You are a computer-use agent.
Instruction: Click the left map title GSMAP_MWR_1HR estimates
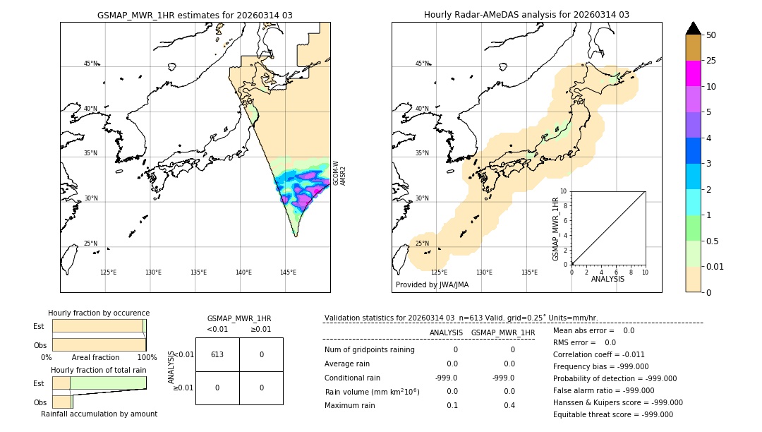tap(195, 15)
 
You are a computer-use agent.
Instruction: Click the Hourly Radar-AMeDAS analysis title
tap(526, 15)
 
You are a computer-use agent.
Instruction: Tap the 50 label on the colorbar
tap(711, 35)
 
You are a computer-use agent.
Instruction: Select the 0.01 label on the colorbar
tap(715, 266)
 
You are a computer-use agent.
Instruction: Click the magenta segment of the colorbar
tap(694, 73)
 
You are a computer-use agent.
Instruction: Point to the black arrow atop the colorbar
tap(694, 28)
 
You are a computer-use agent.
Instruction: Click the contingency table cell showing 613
tap(217, 354)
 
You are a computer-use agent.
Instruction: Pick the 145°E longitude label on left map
tap(288, 272)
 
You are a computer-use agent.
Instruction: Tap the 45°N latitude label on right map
tap(422, 64)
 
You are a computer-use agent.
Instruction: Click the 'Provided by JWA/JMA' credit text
tap(432, 284)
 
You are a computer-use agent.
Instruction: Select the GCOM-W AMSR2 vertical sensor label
tap(339, 172)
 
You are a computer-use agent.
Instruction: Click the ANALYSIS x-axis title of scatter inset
tap(607, 279)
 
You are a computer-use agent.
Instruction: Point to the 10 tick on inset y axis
tap(564, 191)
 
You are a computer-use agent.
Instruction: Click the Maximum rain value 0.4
tap(509, 405)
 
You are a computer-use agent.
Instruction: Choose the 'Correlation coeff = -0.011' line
tap(598, 354)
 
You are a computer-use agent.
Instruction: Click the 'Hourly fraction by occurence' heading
tap(99, 313)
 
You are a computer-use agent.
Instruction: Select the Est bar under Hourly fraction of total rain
tap(99, 383)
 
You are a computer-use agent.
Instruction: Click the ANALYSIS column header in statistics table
tap(446, 332)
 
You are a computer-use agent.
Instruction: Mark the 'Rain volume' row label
tap(372, 392)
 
